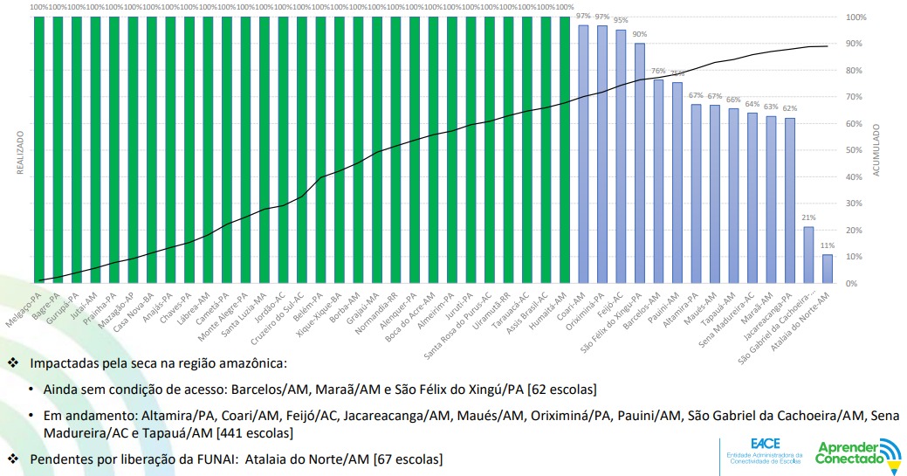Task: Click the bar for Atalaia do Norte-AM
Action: coord(827,269)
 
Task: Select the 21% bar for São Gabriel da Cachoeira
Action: coord(808,255)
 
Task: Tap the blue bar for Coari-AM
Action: coord(583,154)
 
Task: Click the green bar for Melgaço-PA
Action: coord(39,148)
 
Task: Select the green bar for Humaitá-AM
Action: coord(564,148)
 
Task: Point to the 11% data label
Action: coord(827,246)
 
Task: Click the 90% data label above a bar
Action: coord(639,34)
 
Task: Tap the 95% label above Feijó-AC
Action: coord(621,20)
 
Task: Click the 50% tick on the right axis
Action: coord(855,150)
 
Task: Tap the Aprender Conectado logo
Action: coord(857,452)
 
